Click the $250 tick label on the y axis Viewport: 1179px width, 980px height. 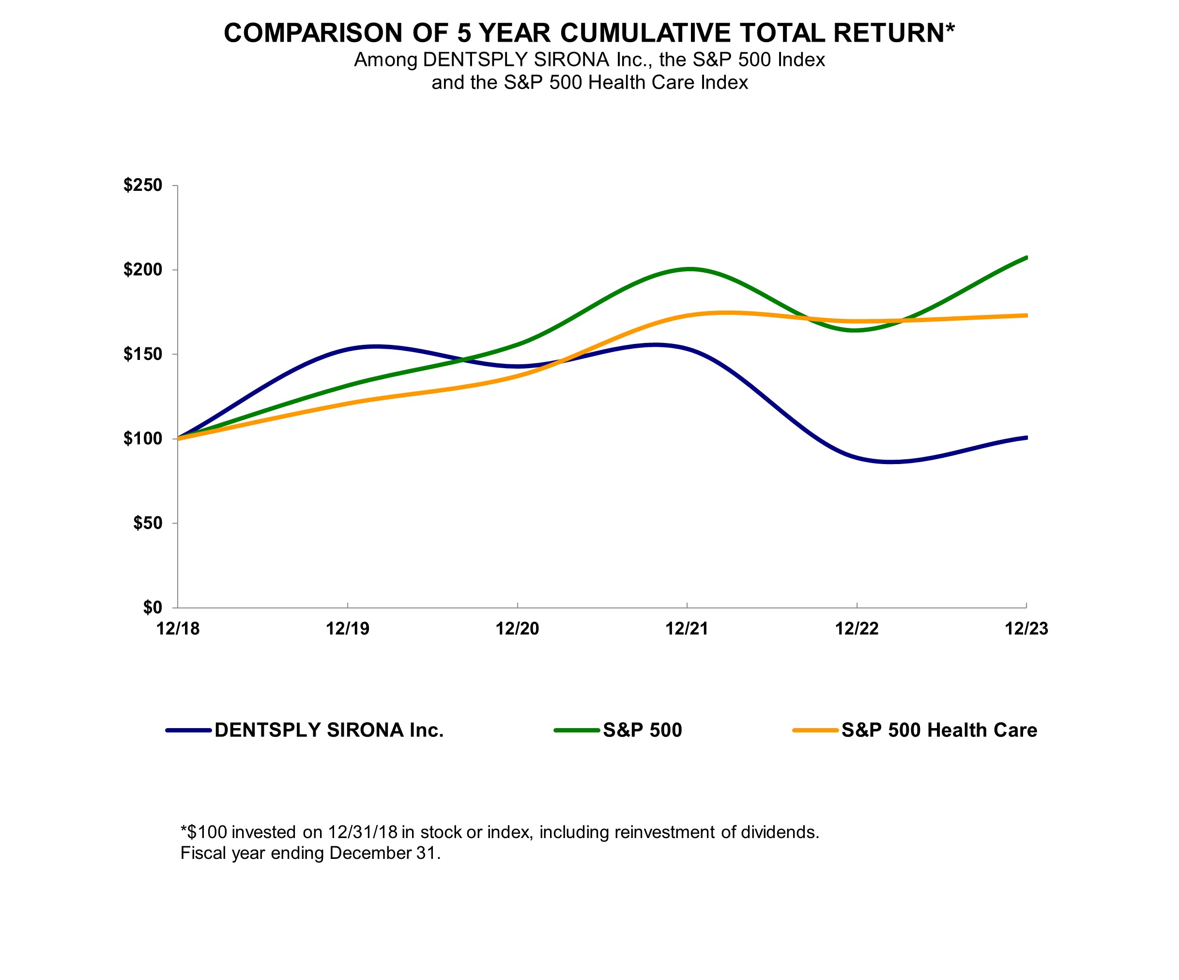click(143, 186)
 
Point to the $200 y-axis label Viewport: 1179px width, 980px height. click(143, 269)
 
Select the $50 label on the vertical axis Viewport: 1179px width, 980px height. click(147, 523)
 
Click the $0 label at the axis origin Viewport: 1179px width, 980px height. click(152, 607)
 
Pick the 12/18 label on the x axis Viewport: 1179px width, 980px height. click(178, 629)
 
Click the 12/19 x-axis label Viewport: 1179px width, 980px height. click(348, 629)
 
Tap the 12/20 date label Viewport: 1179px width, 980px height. click(517, 629)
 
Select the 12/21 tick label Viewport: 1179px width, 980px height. click(687, 629)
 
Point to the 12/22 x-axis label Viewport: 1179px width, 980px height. click(857, 629)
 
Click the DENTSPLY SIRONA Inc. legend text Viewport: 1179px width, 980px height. click(329, 730)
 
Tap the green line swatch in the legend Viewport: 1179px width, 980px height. click(577, 731)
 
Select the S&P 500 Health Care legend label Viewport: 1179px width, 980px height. click(939, 730)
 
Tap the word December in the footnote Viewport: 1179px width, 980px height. click(370, 853)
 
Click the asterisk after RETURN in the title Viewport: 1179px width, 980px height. click(950, 28)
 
